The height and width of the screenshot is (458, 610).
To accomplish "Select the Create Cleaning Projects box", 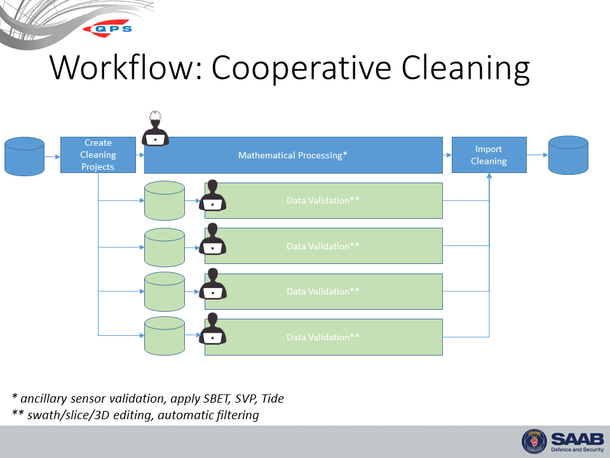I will (98, 155).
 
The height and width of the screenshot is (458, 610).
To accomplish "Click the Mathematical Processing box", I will (293, 155).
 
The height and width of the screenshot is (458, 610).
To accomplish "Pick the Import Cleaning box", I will (489, 155).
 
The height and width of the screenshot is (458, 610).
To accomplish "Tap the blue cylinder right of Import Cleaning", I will (568, 155).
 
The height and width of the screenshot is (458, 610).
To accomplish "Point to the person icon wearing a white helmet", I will (155, 129).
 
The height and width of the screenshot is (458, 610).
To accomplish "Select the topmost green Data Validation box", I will (323, 200).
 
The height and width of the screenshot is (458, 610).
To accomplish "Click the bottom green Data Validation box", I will (323, 337).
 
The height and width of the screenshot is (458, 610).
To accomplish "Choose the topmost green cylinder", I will (165, 200).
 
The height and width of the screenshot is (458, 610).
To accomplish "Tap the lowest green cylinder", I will (165, 337).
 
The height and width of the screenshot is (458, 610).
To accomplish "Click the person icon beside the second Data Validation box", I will (212, 240).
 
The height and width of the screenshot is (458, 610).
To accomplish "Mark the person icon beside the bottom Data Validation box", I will (212, 329).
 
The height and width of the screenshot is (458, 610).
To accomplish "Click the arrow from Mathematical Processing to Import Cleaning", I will (447, 155).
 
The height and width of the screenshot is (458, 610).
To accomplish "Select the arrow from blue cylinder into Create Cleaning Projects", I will (52, 155).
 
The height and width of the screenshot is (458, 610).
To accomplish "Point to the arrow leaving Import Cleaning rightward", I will (537, 155).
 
